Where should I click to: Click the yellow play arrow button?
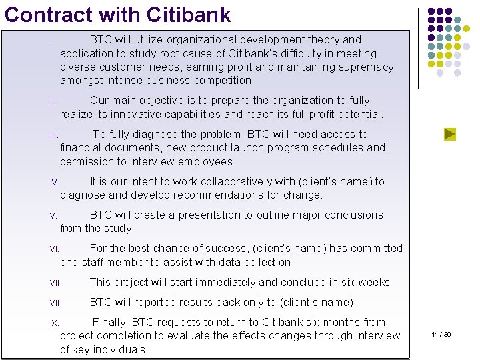[x=450, y=134]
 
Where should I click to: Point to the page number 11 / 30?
[x=441, y=334]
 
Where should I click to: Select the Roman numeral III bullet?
[x=54, y=135]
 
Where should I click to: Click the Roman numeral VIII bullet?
[x=56, y=303]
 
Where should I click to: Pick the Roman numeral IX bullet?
[x=54, y=323]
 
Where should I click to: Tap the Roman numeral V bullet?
[x=53, y=215]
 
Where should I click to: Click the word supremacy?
[x=367, y=67]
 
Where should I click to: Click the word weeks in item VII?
[x=374, y=282]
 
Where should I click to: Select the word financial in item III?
[x=80, y=147]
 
